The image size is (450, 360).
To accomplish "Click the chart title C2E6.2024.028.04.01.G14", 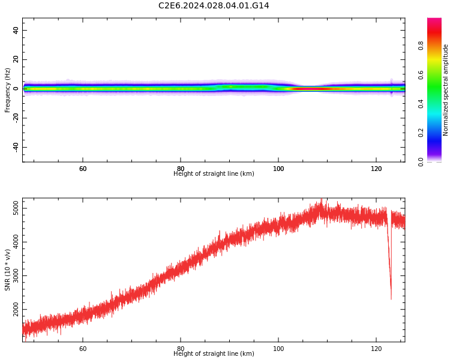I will (214, 6).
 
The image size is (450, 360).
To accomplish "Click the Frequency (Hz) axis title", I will (8, 90).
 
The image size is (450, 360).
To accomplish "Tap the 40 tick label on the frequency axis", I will (16, 31).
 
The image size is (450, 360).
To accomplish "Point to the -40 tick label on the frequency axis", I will (14, 147).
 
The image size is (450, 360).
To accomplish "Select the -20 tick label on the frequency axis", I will (14, 118).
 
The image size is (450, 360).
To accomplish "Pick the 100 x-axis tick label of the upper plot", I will (278, 169).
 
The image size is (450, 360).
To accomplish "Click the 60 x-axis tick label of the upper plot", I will (83, 169).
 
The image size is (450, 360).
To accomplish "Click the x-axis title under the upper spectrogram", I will (214, 174).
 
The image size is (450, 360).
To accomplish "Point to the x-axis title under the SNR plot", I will (214, 354).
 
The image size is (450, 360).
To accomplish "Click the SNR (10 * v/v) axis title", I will (8, 270).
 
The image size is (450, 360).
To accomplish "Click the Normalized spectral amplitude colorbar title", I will (446, 90).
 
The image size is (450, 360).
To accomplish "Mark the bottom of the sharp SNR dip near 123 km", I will (391, 298).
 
